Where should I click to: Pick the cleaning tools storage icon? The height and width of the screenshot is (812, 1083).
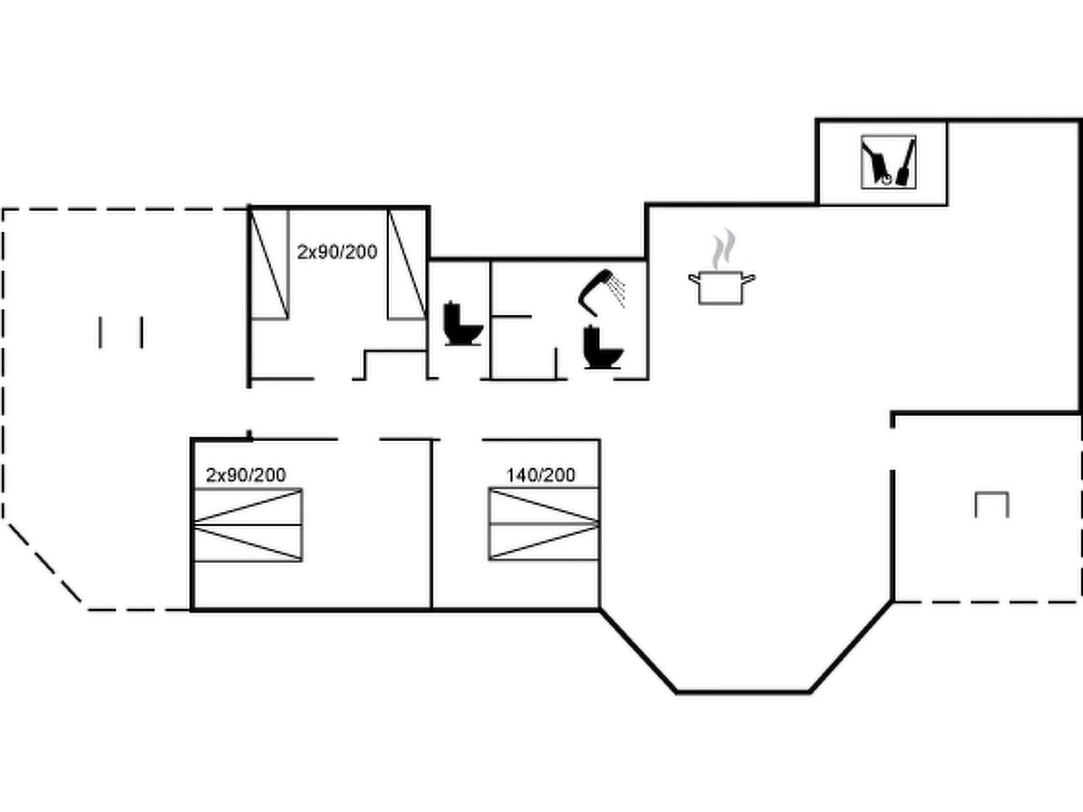tap(889, 162)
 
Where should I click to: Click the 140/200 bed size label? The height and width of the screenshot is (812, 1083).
tap(541, 475)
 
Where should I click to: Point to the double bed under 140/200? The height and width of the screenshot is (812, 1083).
tap(544, 524)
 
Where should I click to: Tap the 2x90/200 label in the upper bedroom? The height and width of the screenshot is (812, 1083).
tap(337, 252)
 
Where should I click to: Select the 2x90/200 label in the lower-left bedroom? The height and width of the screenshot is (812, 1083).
tap(246, 475)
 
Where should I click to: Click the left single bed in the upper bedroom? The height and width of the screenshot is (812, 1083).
tap(269, 265)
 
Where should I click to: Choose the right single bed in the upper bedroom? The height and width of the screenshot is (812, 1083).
tap(407, 265)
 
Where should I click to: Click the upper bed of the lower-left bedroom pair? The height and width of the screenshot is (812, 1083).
tap(248, 507)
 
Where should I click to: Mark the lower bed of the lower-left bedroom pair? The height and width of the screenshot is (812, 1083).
tap(248, 543)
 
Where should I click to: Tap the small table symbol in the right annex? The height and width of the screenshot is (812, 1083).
tap(992, 505)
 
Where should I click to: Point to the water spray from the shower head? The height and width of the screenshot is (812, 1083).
tap(617, 292)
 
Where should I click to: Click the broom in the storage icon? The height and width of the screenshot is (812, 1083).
tap(906, 162)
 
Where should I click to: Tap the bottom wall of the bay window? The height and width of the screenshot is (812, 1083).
tap(743, 692)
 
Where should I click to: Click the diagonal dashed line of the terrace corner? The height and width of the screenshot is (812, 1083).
tap(45, 562)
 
